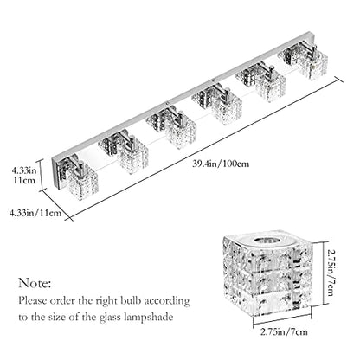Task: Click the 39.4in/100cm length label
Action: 221,164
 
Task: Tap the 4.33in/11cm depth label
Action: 35,213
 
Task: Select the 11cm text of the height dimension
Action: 24,181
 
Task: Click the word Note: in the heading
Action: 35,283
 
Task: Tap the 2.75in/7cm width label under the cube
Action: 284,331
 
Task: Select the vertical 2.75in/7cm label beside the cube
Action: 331,273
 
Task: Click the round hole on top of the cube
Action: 265,241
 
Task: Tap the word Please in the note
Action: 33,300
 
